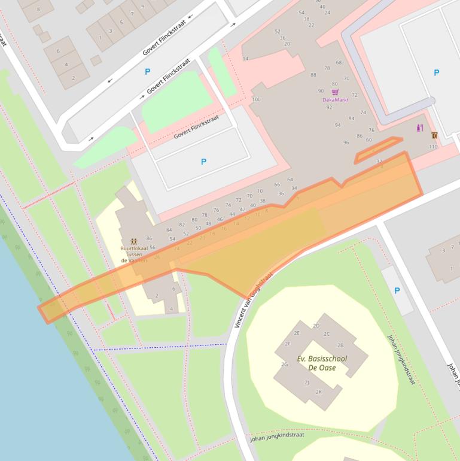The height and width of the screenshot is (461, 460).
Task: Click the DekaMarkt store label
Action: [x=335, y=100]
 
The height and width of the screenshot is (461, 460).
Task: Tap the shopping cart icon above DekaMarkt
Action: [x=335, y=92]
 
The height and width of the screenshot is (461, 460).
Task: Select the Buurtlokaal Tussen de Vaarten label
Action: [x=134, y=254]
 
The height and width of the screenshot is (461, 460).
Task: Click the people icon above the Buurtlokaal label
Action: [x=134, y=241]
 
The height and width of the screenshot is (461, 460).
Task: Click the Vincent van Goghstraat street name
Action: [x=253, y=300]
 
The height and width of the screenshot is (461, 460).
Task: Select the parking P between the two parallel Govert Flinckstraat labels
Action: [x=148, y=72]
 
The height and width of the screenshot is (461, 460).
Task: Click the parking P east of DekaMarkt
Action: [x=436, y=72]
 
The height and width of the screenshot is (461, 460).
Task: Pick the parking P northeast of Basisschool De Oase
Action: [x=397, y=290]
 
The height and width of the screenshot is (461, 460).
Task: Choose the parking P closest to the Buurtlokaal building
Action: [x=203, y=162]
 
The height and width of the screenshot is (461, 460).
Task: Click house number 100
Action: [x=256, y=99]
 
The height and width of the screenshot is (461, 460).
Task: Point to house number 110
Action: [x=433, y=147]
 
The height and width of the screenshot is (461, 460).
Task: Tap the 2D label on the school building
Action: [x=316, y=326]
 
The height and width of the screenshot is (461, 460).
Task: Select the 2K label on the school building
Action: [x=319, y=392]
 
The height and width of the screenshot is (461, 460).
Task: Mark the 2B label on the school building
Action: [x=340, y=345]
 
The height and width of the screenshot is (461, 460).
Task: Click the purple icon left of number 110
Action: [x=420, y=128]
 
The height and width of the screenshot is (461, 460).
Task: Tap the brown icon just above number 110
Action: [x=434, y=135]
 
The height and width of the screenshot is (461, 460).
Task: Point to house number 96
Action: [x=346, y=142]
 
